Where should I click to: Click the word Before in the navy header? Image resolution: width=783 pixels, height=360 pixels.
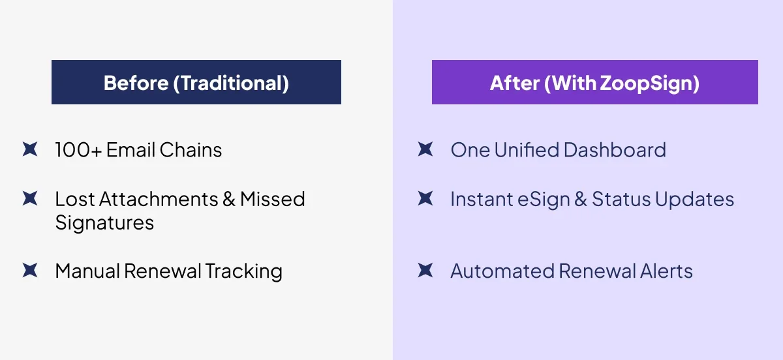[136, 83]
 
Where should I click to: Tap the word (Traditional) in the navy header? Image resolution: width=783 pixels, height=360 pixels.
[231, 83]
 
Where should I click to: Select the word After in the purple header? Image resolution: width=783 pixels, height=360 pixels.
[515, 83]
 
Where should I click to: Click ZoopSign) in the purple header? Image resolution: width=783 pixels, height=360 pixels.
[650, 84]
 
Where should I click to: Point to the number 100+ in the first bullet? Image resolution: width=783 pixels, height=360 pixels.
[78, 149]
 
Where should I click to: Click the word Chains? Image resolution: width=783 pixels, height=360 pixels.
[191, 149]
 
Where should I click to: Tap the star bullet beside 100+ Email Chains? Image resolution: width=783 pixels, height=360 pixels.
[30, 149]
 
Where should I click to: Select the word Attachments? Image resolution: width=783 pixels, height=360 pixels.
[159, 199]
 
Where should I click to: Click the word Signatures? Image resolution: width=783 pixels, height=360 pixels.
[104, 223]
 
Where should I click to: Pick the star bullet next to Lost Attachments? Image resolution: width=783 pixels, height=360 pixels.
[30, 198]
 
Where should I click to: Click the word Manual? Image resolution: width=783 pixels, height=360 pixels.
[87, 271]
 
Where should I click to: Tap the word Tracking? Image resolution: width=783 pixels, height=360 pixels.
[243, 271]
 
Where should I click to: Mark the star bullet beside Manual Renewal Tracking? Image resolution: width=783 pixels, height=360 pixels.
[30, 270]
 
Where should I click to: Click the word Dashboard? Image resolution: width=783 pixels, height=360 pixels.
[615, 149]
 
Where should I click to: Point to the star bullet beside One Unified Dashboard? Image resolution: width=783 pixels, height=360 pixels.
[425, 149]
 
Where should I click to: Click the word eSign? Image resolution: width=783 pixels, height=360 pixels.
[544, 200]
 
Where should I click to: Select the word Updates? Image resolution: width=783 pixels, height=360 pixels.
[694, 200]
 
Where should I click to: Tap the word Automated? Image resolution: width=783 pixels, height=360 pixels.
[502, 271]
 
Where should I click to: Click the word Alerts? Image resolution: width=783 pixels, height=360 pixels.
[666, 271]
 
